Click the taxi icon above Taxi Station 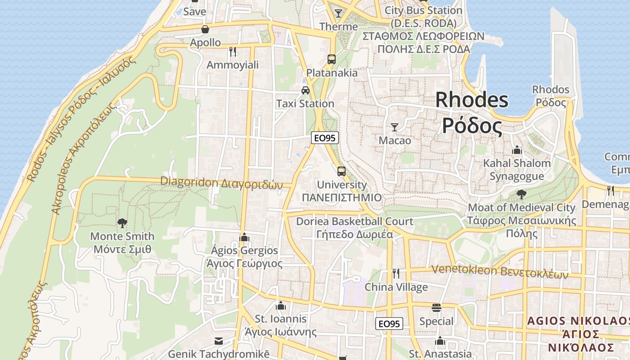306,90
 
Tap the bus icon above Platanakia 332,59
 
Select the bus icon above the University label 342,171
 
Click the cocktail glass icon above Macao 395,127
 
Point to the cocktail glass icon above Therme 338,13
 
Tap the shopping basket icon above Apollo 205,30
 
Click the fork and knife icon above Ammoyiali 233,52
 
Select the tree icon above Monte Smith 122,223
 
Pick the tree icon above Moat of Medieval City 522,194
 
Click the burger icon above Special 436,308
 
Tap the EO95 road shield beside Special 389,324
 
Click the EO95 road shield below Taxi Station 325,138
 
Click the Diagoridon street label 221,183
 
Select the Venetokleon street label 499,271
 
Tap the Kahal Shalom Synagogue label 517,170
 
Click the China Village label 396,287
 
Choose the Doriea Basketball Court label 355,221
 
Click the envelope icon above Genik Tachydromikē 219,341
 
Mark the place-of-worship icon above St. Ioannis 281,306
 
